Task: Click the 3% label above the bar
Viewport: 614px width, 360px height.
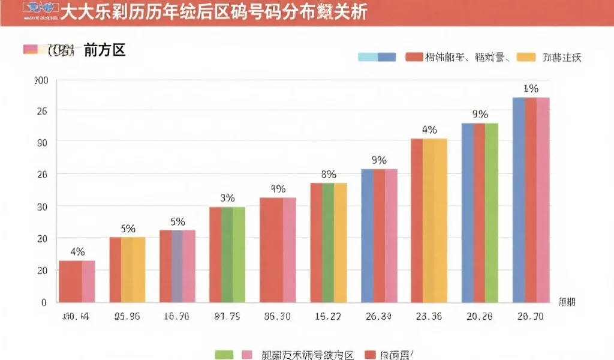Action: (227, 198)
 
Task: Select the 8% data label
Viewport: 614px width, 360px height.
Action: (329, 175)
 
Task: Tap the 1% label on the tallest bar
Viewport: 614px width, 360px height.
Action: (531, 89)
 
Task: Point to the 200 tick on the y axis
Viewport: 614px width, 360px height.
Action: (41, 81)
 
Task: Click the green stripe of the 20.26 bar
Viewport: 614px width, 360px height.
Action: (492, 212)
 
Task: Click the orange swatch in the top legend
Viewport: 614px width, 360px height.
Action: (526, 57)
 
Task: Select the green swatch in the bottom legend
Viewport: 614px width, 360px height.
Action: (224, 355)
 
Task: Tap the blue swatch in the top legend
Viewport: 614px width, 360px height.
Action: (387, 57)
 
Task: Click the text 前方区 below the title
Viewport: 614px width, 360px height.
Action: (104, 50)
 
